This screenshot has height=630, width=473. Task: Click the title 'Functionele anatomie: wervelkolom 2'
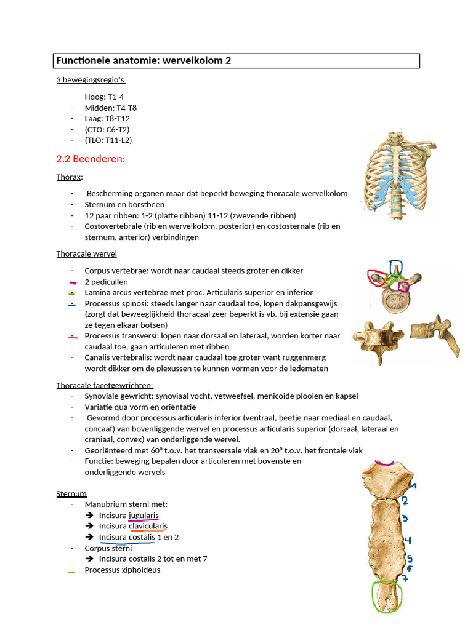[144, 60]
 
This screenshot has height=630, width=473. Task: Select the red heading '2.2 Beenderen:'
[91, 159]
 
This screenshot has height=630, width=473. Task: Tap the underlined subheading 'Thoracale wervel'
[86, 253]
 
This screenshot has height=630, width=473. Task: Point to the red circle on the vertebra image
[374, 278]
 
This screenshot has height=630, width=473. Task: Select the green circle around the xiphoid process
[387, 596]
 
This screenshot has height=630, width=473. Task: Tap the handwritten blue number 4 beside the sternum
[408, 541]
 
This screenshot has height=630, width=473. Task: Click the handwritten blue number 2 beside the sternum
[405, 501]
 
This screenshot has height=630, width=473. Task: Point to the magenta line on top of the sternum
[385, 463]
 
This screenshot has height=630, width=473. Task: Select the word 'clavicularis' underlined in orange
[148, 526]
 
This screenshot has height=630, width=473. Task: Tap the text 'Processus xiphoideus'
[122, 570]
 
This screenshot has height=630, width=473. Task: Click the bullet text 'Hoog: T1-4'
[104, 97]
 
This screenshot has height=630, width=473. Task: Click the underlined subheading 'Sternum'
[71, 493]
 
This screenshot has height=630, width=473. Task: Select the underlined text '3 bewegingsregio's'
[91, 80]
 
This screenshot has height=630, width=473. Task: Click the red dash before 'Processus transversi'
[73, 337]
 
